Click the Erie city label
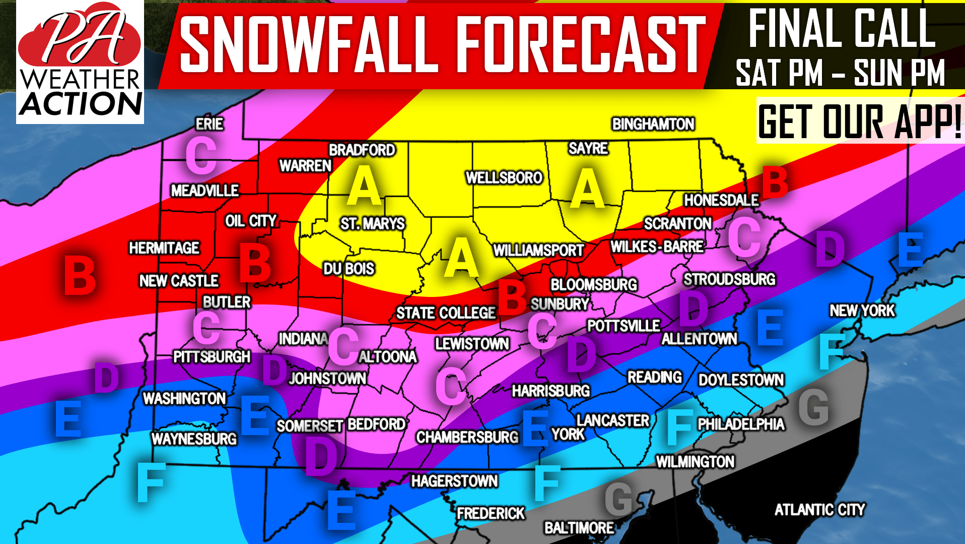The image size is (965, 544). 210,124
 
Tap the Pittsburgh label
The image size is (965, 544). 212,357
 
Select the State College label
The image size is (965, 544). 446,313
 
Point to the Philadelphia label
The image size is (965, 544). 741,424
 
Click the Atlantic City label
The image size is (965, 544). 819,510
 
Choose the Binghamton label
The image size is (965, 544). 653,124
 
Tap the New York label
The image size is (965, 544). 862,311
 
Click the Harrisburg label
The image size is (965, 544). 550,391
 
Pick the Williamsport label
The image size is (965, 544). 538,250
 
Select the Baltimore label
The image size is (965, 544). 579,528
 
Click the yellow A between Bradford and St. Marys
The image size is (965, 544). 364,187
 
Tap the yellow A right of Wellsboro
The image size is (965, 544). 587,189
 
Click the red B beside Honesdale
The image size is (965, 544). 775,183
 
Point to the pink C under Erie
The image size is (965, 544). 201,157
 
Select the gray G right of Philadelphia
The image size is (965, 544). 813,407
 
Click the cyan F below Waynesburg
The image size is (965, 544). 151,482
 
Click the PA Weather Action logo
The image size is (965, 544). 80,62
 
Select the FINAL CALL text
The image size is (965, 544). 841,29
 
